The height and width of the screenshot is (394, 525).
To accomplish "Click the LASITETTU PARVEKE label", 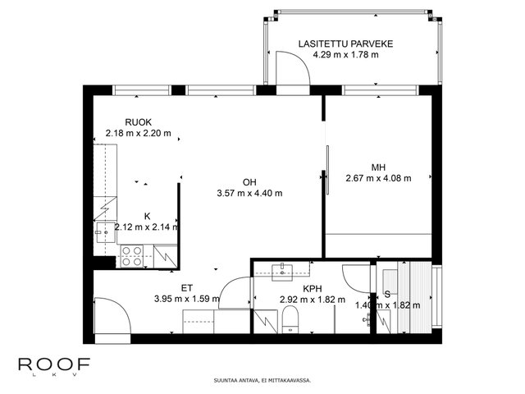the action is point(345,44).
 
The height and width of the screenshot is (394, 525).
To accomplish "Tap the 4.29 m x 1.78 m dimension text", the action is point(345,55).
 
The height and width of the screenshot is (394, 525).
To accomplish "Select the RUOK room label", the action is point(139,122).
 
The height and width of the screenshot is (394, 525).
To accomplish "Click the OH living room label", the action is point(249,182).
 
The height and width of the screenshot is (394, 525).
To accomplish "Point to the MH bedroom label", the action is point(378,167).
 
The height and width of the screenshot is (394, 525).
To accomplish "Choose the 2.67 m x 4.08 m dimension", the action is point(378,178).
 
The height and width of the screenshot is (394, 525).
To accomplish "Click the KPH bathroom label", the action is point(312,288).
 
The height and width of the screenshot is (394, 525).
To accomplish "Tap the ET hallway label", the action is point(187,288).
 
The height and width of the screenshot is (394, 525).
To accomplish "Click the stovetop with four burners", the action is point(131,256).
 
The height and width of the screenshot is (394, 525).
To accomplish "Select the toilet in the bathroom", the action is point(290,321).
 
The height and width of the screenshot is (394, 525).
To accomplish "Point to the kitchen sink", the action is point(106,232).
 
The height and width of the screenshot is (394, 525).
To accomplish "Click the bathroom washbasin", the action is point(282,273).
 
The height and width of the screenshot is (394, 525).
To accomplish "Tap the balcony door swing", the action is point(293,68).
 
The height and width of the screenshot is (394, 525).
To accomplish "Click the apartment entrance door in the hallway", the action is point(112,315).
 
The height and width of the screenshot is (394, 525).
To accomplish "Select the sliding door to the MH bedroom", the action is point(328,170).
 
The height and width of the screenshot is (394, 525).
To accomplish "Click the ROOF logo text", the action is point(54,364).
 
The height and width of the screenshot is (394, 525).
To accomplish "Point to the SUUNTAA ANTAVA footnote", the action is point(262,381).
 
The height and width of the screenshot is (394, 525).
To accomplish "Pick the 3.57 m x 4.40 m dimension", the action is point(249,194).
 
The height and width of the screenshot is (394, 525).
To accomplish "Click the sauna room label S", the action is point(387,295).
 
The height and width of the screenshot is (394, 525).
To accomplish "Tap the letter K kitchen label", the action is point(147,217).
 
